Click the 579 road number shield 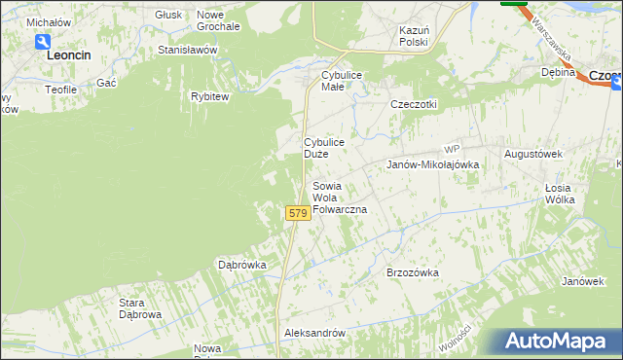(298, 213)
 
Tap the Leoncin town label (69, 56)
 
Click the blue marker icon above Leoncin (43, 42)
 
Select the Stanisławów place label (187, 50)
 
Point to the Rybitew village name (209, 96)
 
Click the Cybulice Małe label (335, 81)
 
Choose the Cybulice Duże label (323, 148)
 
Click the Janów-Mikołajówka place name (433, 165)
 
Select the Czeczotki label (414, 105)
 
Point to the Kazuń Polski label (414, 37)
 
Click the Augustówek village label (534, 155)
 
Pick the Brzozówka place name (414, 273)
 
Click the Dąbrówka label (242, 265)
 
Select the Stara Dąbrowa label (140, 308)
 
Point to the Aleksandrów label (314, 333)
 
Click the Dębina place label (559, 72)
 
